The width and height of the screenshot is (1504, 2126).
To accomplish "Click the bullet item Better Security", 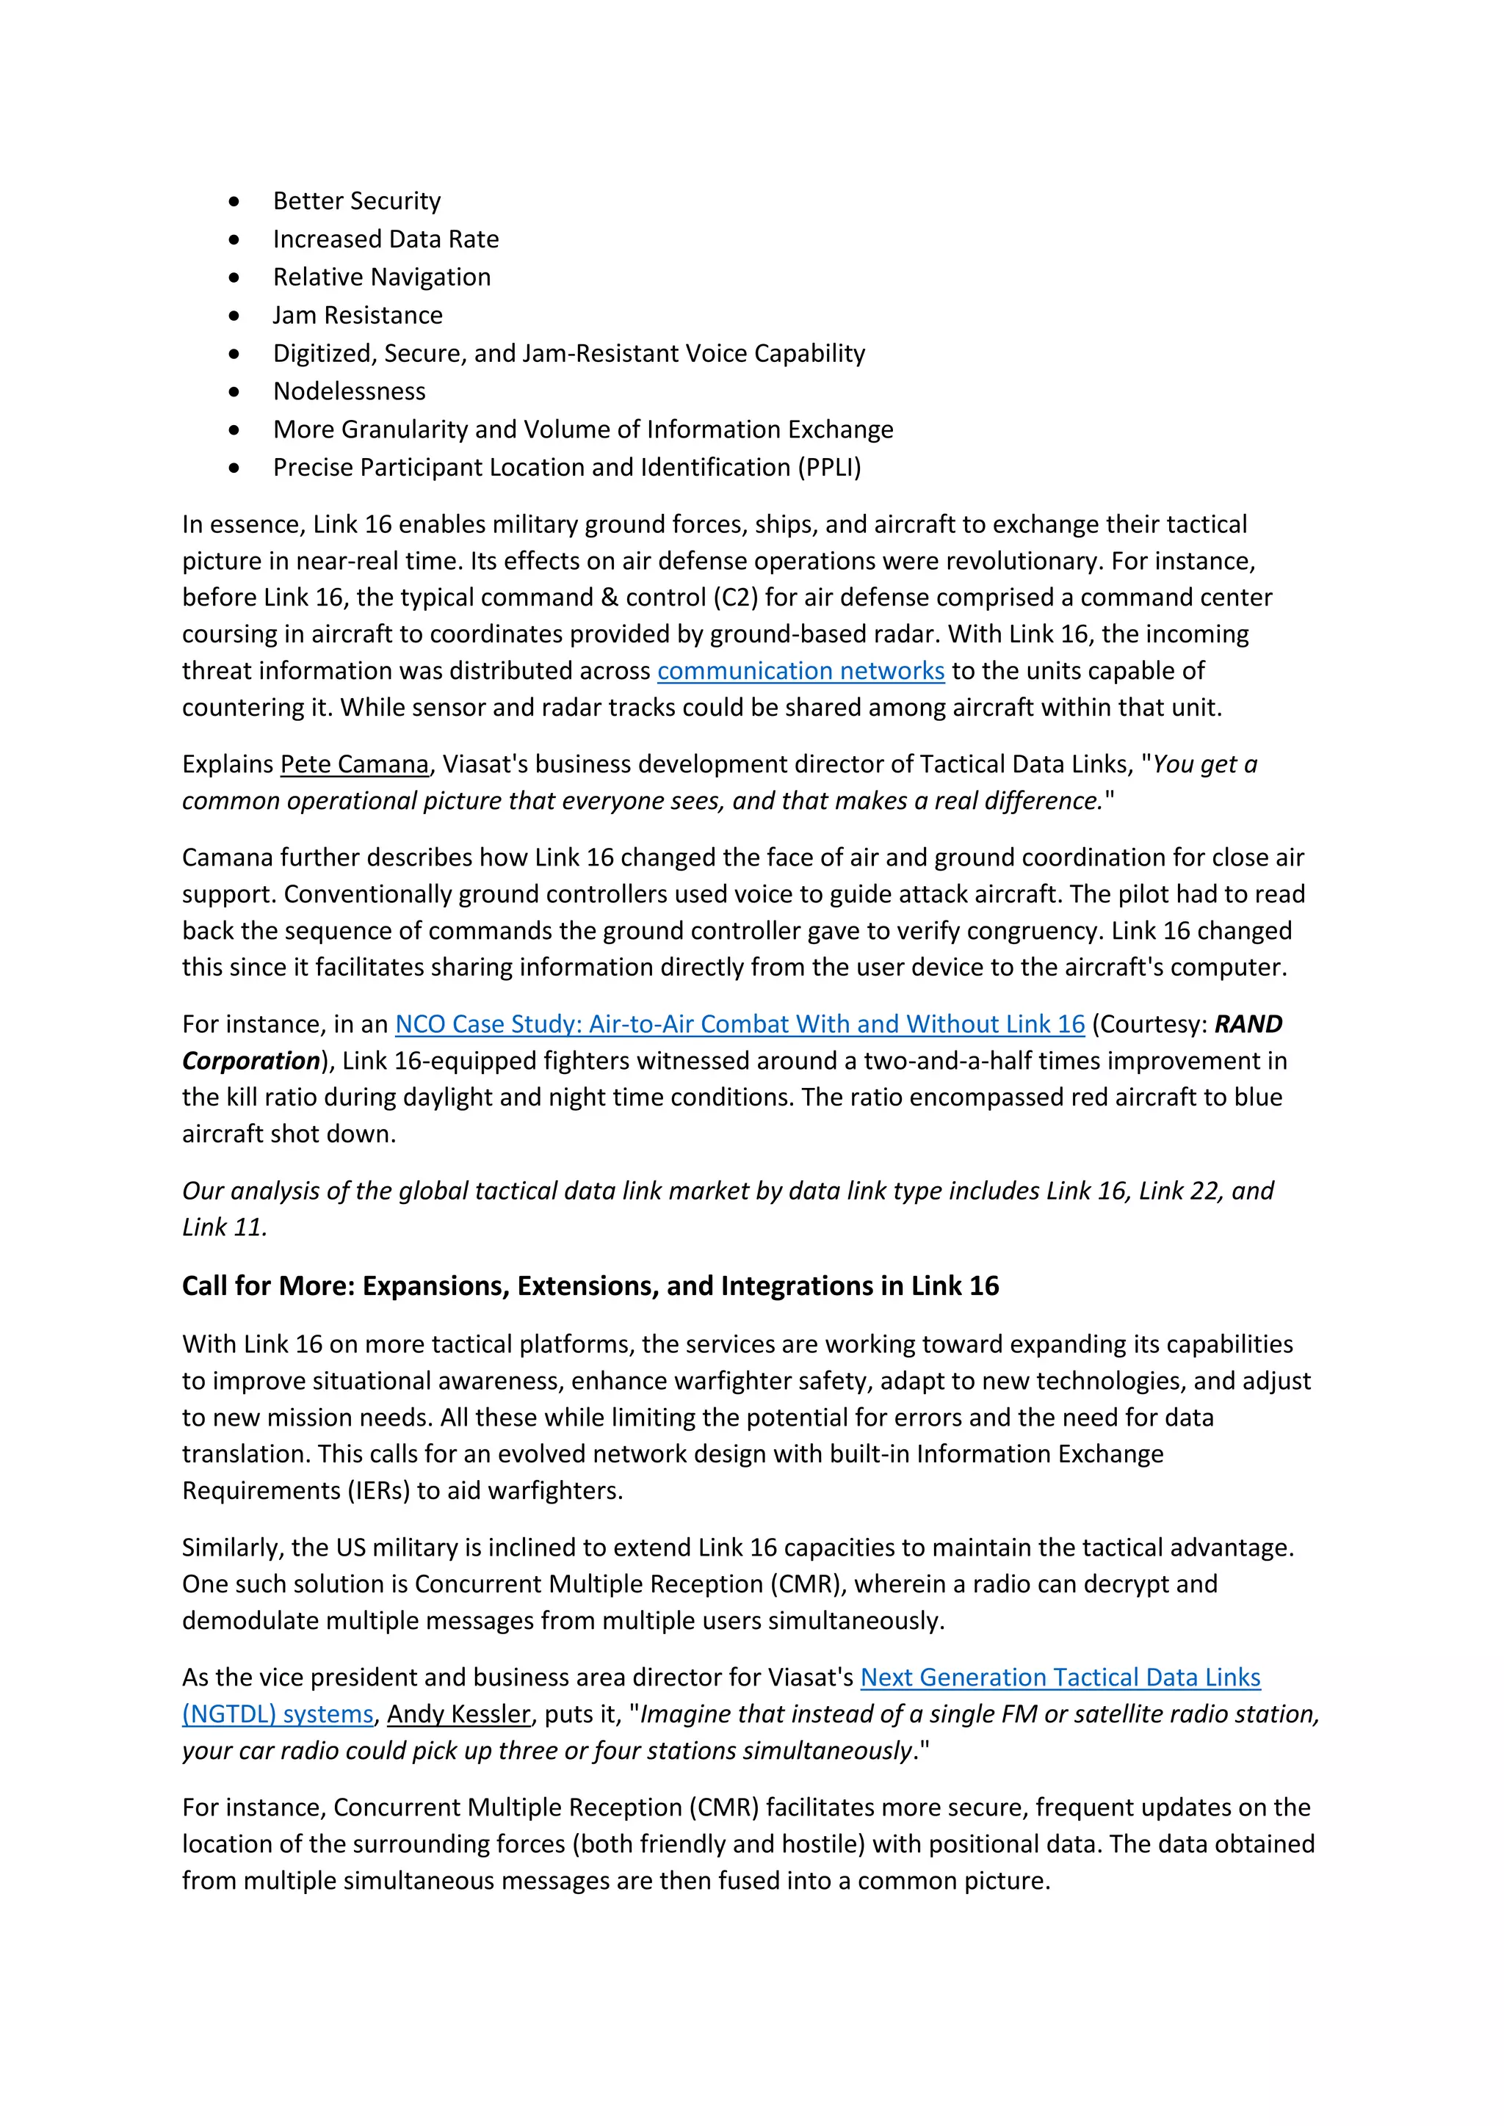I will [357, 201].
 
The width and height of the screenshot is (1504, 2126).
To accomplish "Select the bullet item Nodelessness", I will [349, 392].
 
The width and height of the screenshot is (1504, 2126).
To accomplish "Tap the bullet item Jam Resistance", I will [358, 316].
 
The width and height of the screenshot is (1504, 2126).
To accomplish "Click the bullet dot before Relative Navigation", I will [234, 277].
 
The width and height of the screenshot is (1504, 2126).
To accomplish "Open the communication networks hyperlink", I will [800, 670].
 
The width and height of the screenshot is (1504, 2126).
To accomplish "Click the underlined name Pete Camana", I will [355, 764].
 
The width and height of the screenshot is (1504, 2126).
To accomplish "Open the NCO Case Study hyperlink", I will [739, 1024].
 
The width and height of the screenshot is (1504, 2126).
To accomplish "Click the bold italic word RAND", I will [1248, 1024].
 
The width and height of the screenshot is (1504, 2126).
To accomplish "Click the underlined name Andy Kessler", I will [458, 1714].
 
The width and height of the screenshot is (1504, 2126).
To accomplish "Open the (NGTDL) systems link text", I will [278, 1714].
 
